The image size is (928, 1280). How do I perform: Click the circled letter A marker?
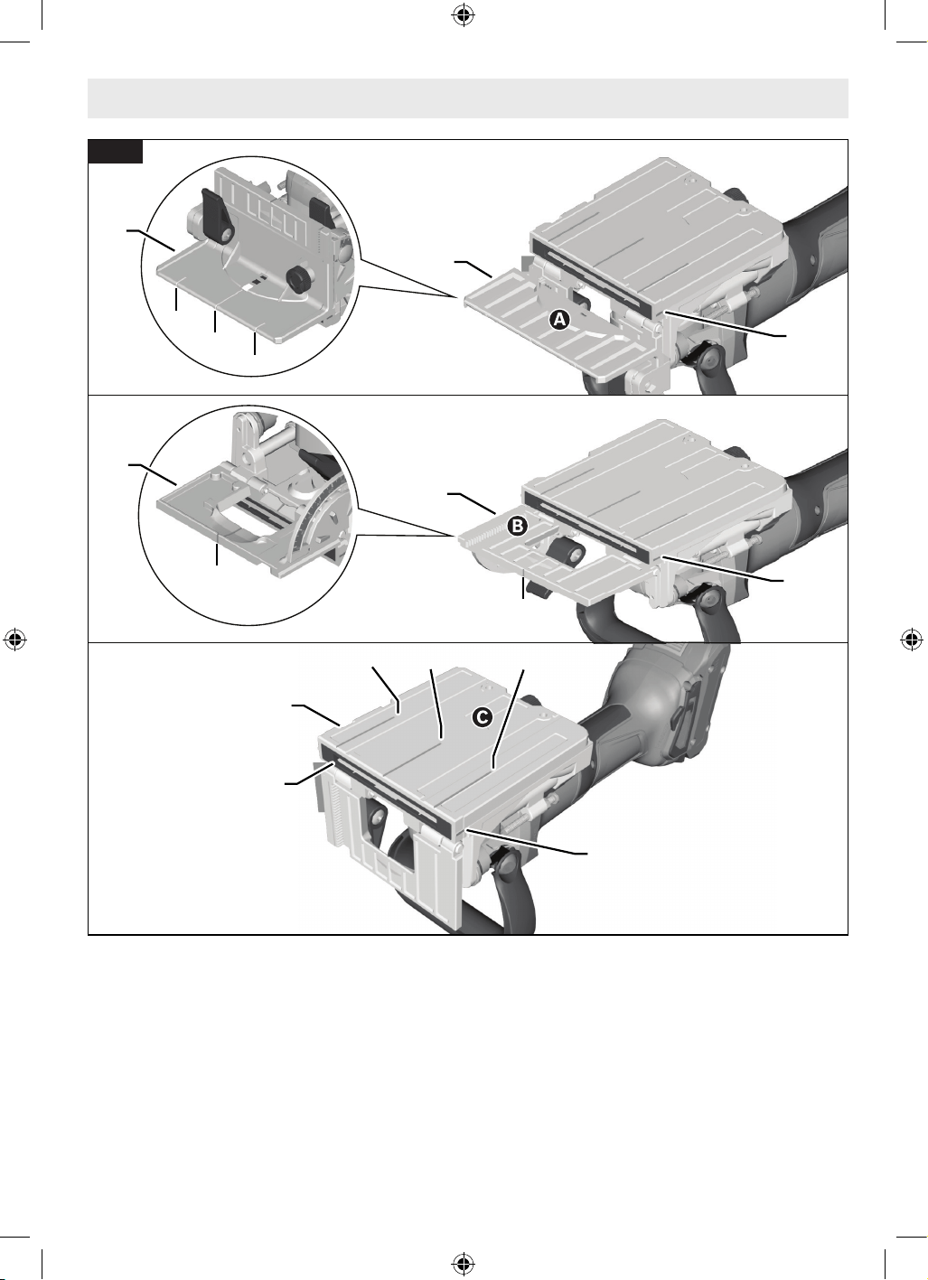(x=559, y=320)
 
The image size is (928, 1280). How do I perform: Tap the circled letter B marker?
(x=518, y=525)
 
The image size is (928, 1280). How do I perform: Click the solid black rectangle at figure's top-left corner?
(x=115, y=152)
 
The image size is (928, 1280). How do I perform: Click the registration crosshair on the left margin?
(x=15, y=640)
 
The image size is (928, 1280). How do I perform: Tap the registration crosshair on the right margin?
(x=912, y=640)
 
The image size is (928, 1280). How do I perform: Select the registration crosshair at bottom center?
(x=464, y=1264)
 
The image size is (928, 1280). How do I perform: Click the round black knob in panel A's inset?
(x=298, y=277)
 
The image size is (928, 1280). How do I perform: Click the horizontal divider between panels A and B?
(x=468, y=395)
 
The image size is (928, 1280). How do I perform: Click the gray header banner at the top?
(x=468, y=98)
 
